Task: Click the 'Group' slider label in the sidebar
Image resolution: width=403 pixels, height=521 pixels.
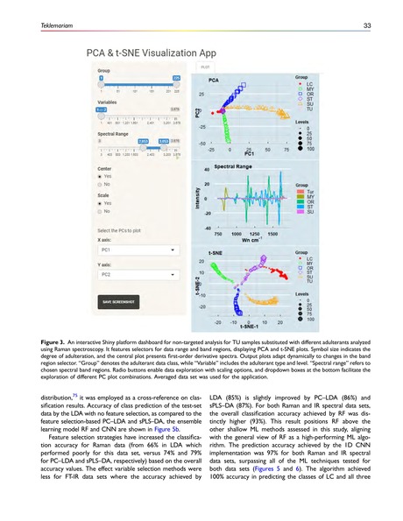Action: (x=104, y=69)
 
